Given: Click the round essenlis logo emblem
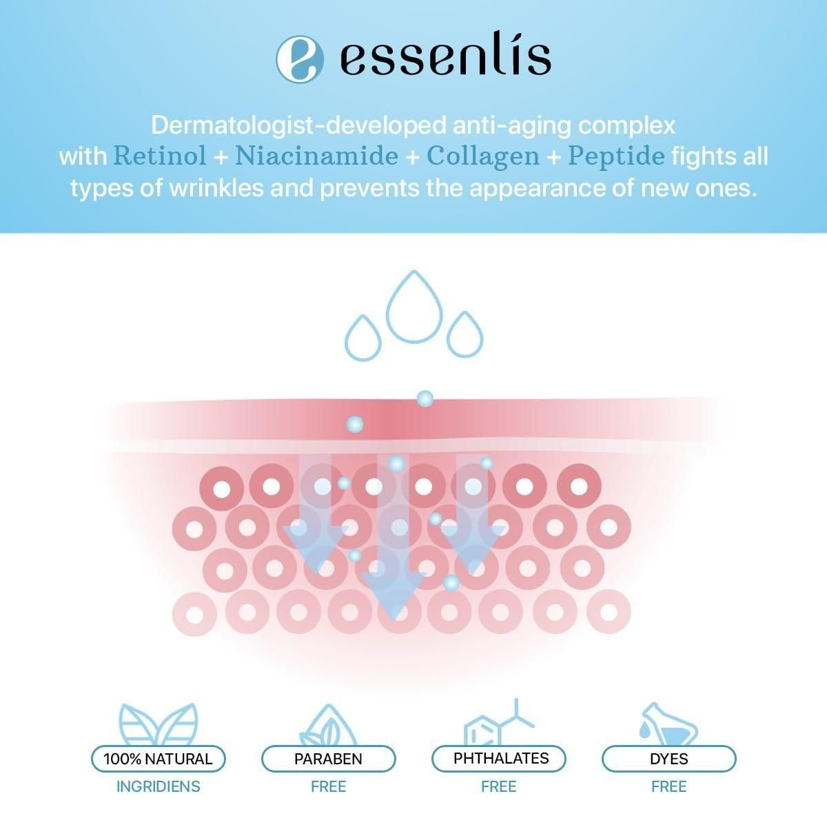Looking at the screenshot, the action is [300, 59].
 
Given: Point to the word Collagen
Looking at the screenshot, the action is [483, 157].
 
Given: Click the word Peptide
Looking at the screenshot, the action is [616, 156].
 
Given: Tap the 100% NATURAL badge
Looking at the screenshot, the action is [158, 758].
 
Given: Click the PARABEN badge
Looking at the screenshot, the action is [328, 758].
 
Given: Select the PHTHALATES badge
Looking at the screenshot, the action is [499, 758].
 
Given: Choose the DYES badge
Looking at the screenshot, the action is [669, 758].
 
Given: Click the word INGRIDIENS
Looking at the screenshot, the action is [159, 786].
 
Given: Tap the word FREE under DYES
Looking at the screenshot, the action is [669, 786].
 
